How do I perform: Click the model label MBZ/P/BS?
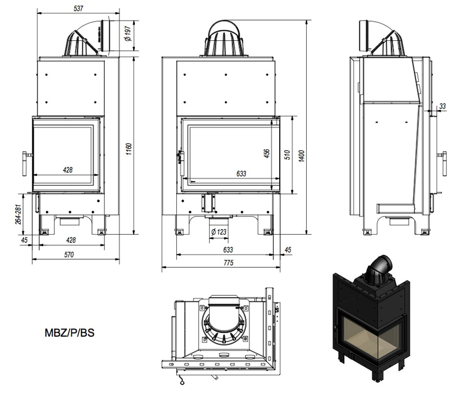click(x=70, y=333)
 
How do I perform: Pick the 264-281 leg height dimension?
click(x=19, y=214)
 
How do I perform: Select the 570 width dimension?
click(x=68, y=255)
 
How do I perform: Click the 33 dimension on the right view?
click(x=443, y=106)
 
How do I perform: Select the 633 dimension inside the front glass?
click(x=241, y=174)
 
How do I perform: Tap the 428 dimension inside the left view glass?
click(x=68, y=170)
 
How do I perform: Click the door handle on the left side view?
click(x=24, y=162)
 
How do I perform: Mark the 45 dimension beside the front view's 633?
click(x=288, y=250)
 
